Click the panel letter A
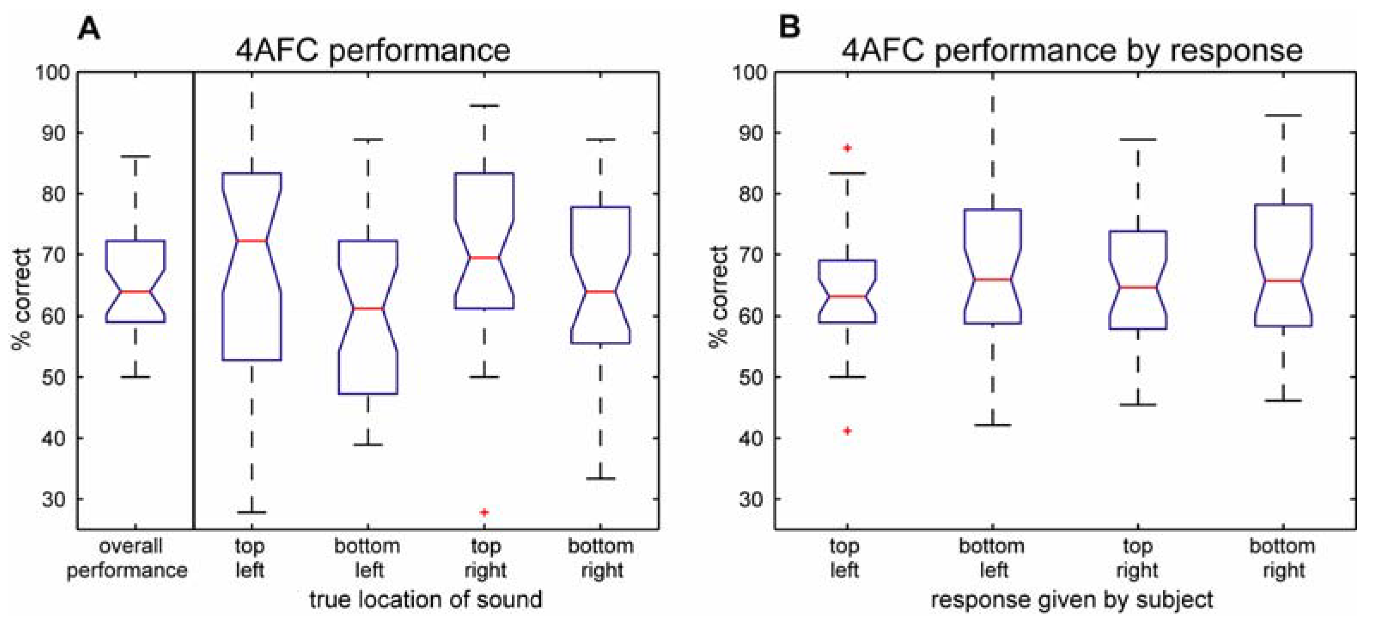[88, 28]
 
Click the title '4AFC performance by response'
[1072, 51]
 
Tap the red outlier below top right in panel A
[484, 512]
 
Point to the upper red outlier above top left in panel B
[847, 148]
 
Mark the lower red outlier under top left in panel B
[847, 431]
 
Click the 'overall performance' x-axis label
[128, 558]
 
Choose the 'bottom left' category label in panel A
[368, 558]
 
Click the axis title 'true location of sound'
[426, 599]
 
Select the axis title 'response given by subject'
[1072, 599]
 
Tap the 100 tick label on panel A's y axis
[52, 72]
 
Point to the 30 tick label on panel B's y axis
[750, 499]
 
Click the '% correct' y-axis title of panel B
[718, 297]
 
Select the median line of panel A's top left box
[252, 240]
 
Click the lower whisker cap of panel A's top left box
[252, 512]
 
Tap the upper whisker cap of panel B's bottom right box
[1283, 115]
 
